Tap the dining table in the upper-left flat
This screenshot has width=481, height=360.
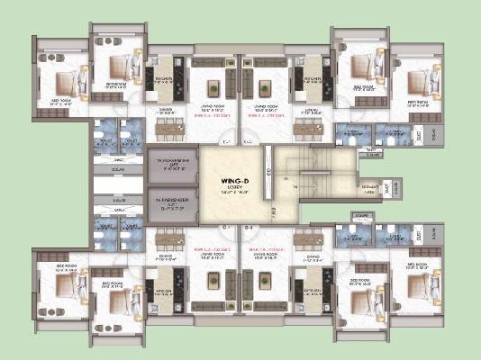(x=168, y=128)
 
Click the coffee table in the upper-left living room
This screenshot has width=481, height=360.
(x=214, y=88)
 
